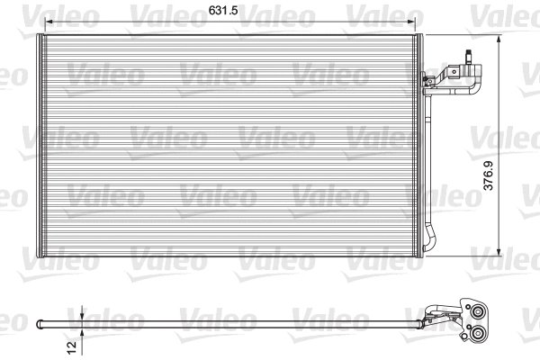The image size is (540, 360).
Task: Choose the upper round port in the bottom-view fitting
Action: click(478, 313)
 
